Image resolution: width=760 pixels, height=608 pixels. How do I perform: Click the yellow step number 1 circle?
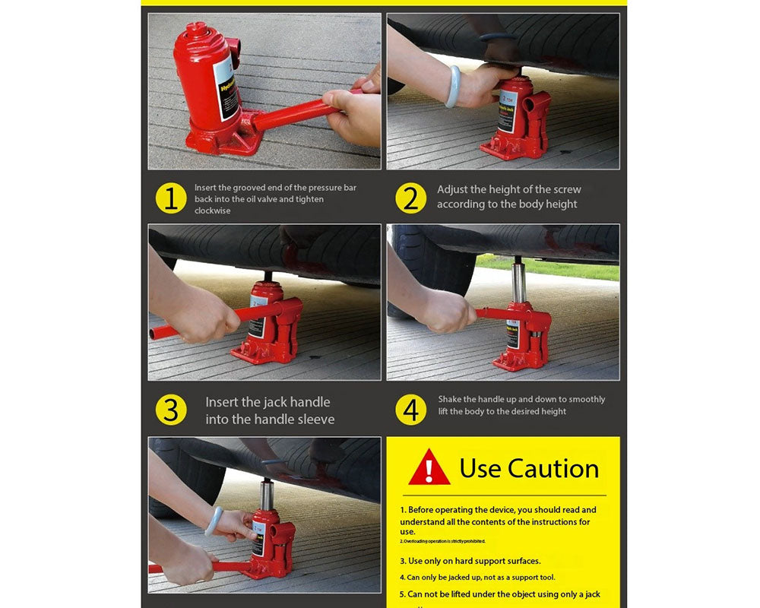point(171,198)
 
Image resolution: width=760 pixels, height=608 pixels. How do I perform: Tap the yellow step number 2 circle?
point(410,198)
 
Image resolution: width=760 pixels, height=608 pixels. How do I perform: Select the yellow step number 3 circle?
point(171,410)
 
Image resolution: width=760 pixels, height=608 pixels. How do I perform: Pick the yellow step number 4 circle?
point(410,410)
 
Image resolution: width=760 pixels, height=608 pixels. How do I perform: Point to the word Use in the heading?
point(480,468)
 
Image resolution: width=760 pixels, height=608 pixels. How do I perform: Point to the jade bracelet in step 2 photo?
point(452,86)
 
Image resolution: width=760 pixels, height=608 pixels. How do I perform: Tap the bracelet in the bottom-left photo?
point(215,521)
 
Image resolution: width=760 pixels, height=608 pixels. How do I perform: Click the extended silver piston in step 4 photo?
point(518,280)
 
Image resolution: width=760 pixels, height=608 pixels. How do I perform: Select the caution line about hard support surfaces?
point(470,561)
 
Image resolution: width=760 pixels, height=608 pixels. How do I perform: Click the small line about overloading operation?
point(443,541)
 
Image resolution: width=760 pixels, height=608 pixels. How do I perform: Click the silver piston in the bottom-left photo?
point(267,495)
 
